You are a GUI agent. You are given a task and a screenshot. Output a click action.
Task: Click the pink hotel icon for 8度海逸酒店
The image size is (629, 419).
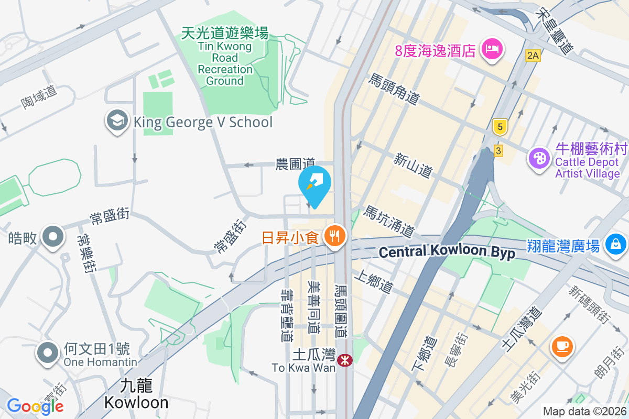click(x=492, y=49)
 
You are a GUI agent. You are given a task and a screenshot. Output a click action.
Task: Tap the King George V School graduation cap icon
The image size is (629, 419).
click(x=117, y=122)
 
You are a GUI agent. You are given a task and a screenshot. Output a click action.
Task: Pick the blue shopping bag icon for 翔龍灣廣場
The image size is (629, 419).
click(x=615, y=244)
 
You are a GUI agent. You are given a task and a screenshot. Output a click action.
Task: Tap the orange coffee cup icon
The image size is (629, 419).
click(x=561, y=346)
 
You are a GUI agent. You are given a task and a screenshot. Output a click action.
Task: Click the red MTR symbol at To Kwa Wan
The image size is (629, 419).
click(x=344, y=360)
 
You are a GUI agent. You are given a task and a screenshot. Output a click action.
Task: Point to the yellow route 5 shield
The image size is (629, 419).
click(x=500, y=126)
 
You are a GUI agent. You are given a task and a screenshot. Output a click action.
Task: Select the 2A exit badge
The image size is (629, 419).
click(x=533, y=54)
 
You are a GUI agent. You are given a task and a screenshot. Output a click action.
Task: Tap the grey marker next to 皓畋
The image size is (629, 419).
click(x=52, y=237)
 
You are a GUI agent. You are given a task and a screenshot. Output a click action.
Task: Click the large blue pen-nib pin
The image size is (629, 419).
click(x=314, y=184)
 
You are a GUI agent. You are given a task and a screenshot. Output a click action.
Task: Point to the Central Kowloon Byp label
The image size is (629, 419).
click(x=447, y=252)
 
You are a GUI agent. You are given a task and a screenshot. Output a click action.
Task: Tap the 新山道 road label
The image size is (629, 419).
click(x=413, y=164)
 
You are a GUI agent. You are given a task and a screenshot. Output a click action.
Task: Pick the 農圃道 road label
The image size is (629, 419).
click(x=295, y=164)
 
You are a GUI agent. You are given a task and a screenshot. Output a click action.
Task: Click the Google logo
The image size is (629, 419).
click(x=35, y=406)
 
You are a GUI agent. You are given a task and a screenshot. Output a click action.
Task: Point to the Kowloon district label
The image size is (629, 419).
click(x=136, y=394)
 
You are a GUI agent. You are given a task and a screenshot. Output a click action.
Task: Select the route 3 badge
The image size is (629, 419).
click(x=498, y=151)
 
